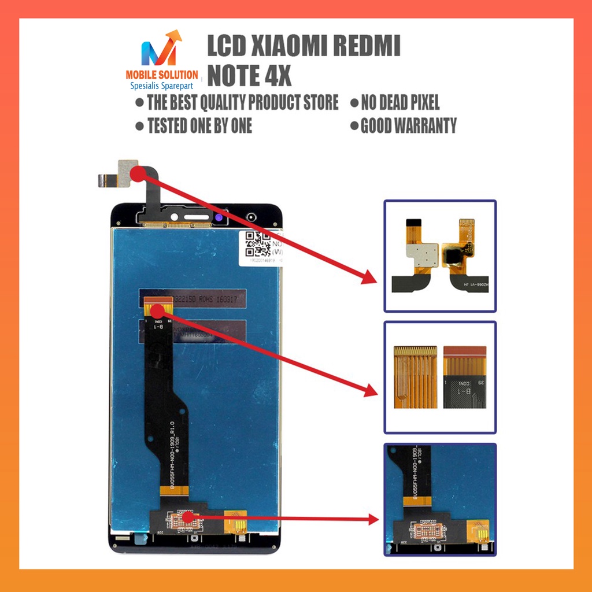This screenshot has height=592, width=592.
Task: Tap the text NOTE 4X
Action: point(249,75)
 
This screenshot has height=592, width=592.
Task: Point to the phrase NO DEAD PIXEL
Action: point(399,103)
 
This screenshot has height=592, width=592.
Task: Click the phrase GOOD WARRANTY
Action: point(408,125)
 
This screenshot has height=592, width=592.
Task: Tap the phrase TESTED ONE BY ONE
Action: point(199,125)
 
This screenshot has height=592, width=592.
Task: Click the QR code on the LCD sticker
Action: point(258,243)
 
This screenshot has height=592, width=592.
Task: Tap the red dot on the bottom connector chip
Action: point(187,516)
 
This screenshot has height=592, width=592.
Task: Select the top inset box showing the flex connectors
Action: point(440,256)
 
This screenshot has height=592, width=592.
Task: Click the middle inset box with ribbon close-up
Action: point(440,377)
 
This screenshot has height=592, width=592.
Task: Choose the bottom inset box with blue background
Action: point(440,499)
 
